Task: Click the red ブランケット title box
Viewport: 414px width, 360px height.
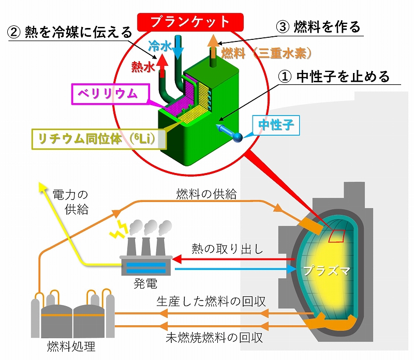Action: pyautogui.click(x=189, y=21)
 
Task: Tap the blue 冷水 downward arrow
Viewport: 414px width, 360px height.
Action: pyautogui.click(x=178, y=49)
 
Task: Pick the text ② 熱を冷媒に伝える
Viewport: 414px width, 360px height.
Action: pyautogui.click(x=70, y=33)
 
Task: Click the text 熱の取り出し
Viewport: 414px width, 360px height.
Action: pyautogui.click(x=228, y=249)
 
